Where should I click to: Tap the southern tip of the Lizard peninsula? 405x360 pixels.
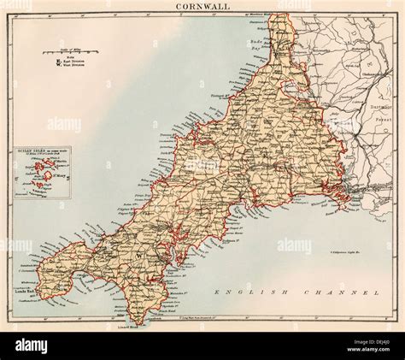coord(137,322)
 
